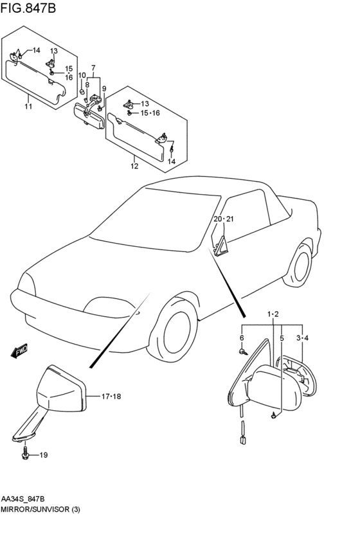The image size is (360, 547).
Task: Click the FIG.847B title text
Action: pos(28,8)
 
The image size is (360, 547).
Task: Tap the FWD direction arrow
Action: pos(19,351)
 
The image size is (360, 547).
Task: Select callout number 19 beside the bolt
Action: pos(44,455)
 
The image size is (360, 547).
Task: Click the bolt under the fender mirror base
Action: pos(25,453)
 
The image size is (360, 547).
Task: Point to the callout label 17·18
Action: pos(111,397)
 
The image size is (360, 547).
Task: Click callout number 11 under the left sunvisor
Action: pos(28,106)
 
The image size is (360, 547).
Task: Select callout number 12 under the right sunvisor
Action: pos(134,166)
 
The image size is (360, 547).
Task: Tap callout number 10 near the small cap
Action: pos(82,75)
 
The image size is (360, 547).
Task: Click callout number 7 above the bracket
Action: pos(93,67)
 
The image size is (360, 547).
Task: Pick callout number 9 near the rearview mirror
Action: pos(104,89)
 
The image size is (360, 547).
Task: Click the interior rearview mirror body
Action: pos(89,115)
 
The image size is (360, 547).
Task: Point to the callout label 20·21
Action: pos(224,219)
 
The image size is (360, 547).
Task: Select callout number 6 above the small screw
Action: pos(242,337)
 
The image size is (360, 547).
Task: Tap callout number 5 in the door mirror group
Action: pos(282,338)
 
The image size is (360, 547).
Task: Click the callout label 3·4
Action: pos(302,337)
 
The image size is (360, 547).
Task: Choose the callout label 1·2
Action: pos(273,314)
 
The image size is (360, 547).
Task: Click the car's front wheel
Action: pos(177,329)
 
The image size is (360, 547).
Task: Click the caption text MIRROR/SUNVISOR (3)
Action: pos(40,509)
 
